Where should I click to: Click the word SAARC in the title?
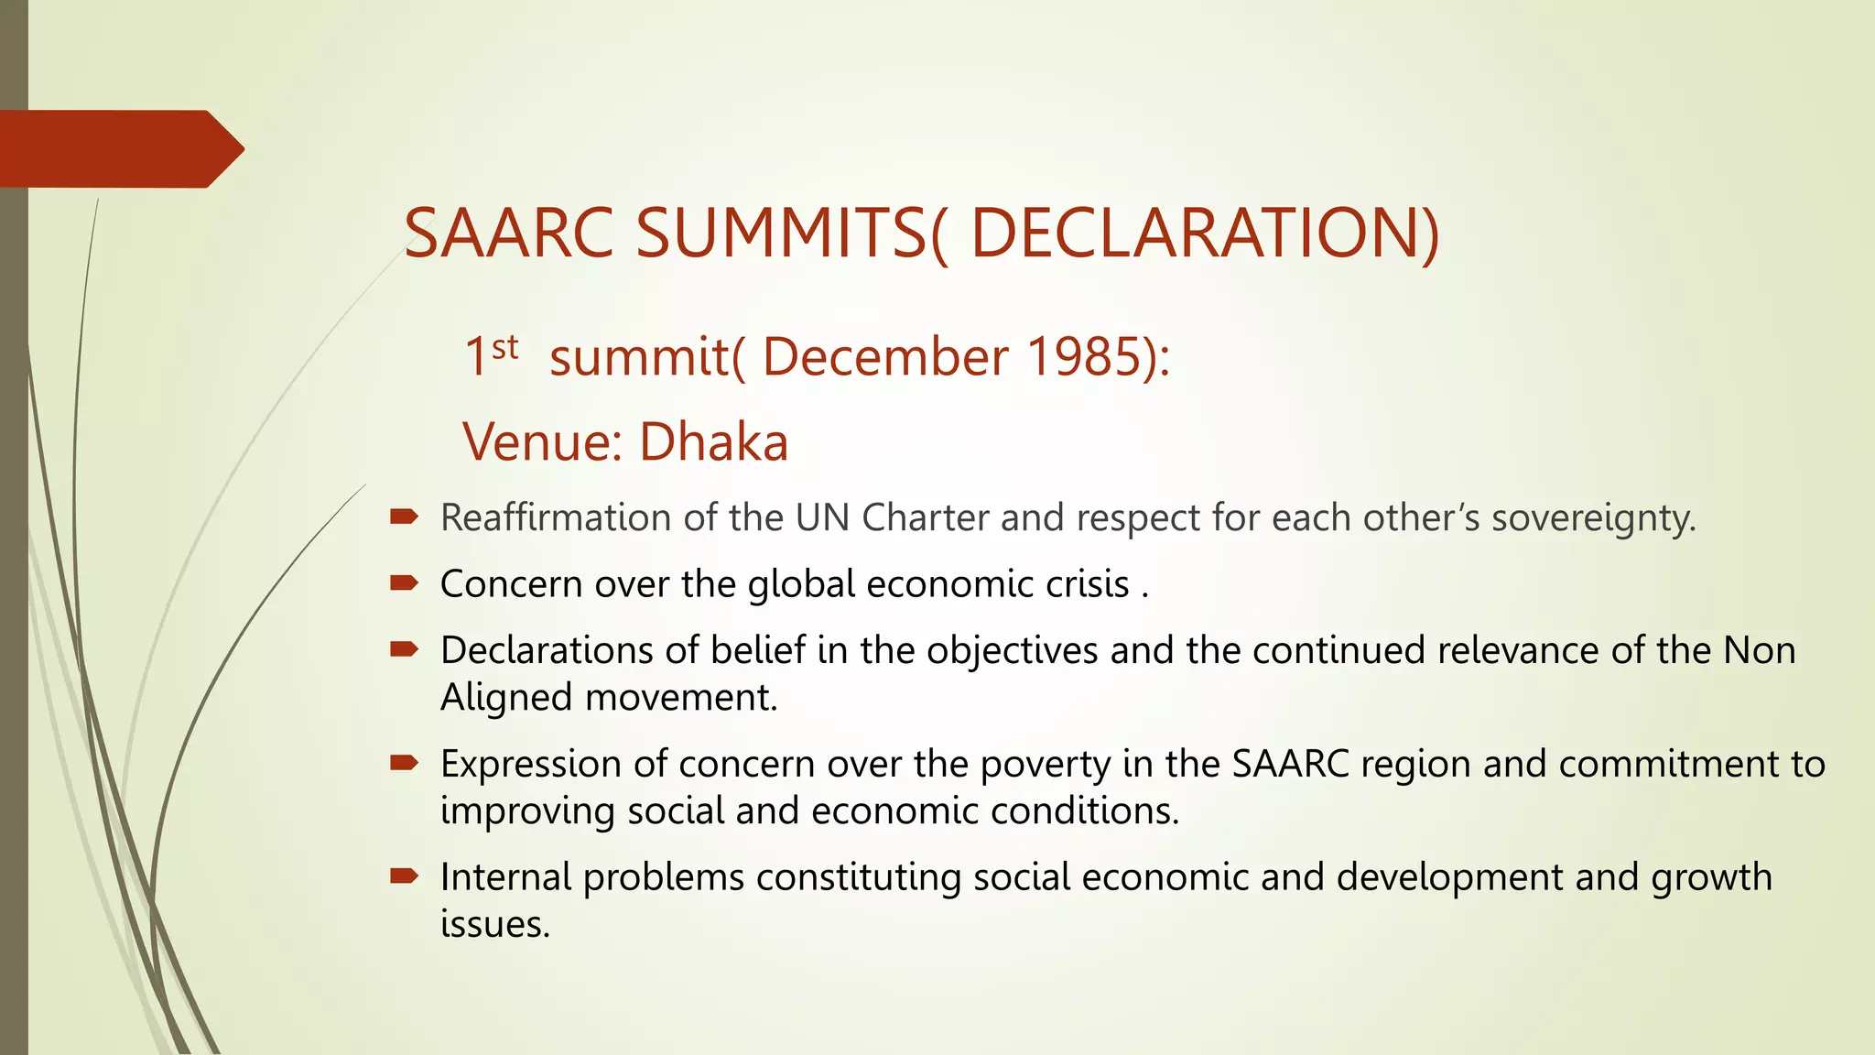pos(508,234)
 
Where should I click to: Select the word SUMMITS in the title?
pos(781,234)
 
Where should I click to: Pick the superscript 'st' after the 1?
pos(504,347)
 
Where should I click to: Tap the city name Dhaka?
pos(713,442)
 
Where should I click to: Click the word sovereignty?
pos(1593,518)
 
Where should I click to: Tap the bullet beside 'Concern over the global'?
pos(404,583)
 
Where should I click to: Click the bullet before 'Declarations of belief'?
pos(404,649)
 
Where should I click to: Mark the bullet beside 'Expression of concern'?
pos(404,763)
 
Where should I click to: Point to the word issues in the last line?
pos(494,924)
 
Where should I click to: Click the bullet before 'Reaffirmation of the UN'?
pos(404,517)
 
